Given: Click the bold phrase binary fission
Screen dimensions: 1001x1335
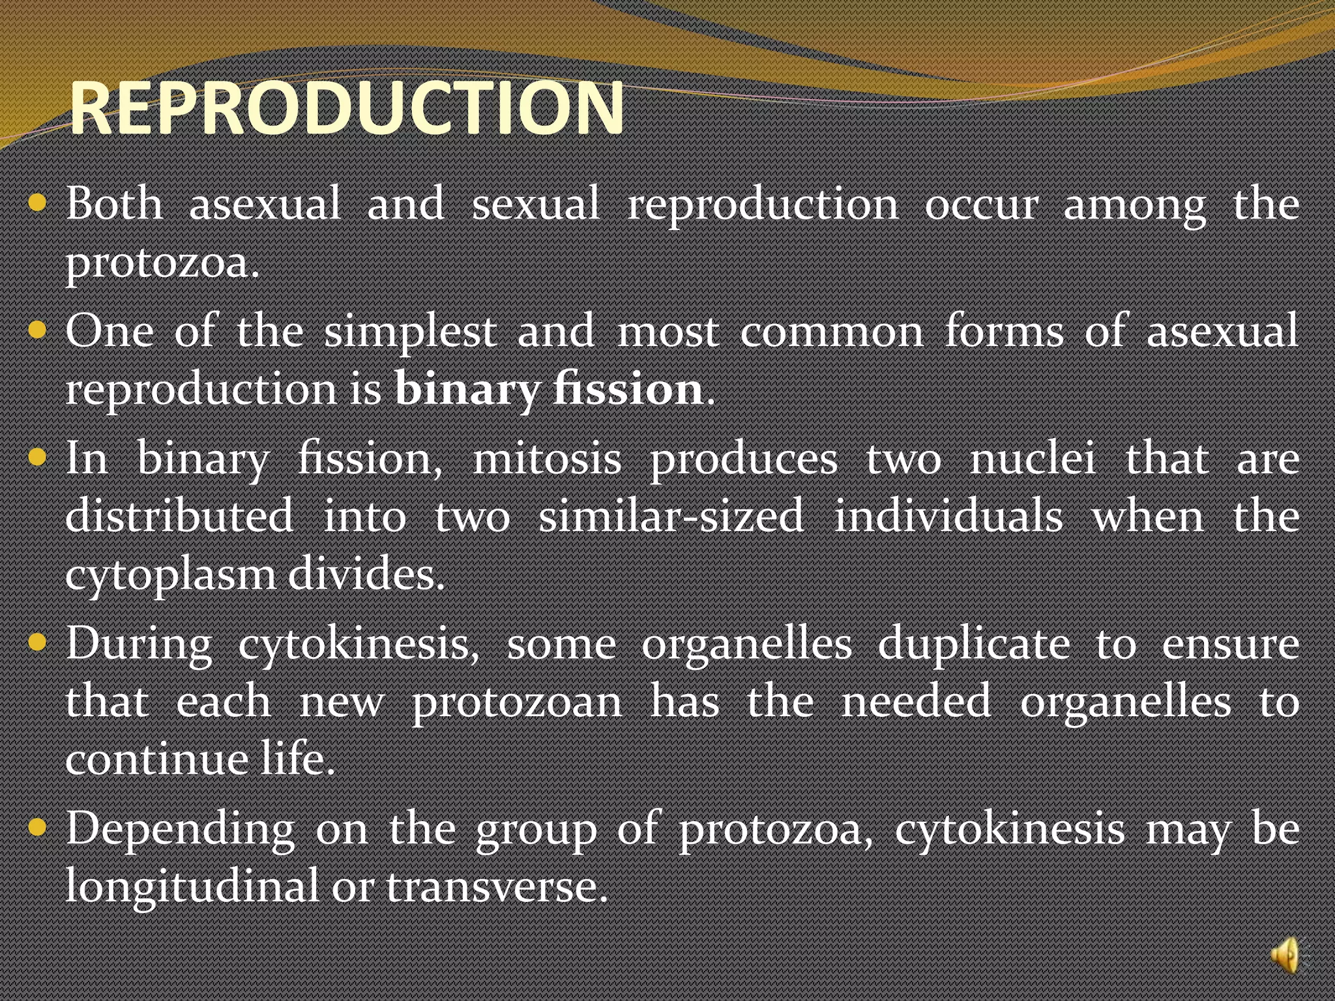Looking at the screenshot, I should (549, 390).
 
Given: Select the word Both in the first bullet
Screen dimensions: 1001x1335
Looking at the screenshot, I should (115, 203).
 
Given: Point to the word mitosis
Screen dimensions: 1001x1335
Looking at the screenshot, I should (547, 459).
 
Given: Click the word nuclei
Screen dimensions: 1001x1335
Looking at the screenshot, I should (1033, 459).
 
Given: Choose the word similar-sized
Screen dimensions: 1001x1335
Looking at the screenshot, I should (671, 516).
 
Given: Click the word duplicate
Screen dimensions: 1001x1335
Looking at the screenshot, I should (974, 644).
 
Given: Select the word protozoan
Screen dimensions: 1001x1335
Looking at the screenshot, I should (517, 703).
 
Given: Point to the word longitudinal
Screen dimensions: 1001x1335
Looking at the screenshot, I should (192, 886).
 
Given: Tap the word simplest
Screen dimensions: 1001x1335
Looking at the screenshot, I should (411, 331).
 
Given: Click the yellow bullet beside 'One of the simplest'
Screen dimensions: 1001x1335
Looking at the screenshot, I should (38, 330).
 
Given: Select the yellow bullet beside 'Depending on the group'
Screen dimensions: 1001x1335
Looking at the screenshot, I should (38, 828).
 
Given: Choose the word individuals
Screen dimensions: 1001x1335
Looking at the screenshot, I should (948, 516).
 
